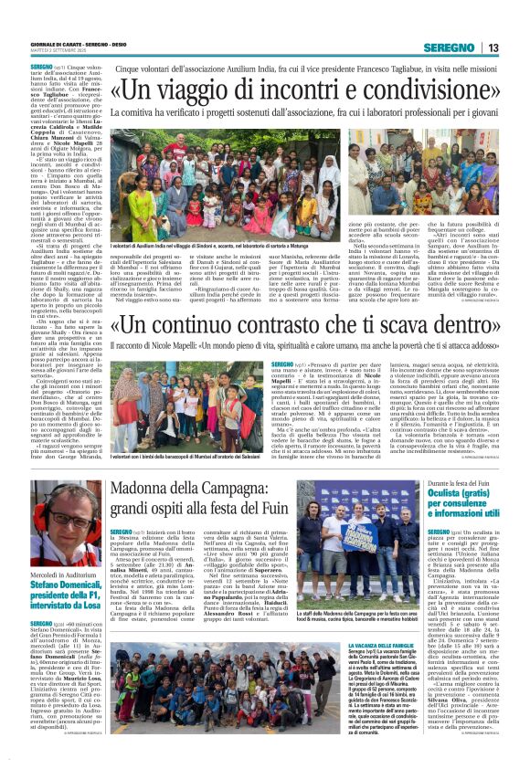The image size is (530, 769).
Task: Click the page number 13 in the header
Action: pyautogui.click(x=492, y=47)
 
